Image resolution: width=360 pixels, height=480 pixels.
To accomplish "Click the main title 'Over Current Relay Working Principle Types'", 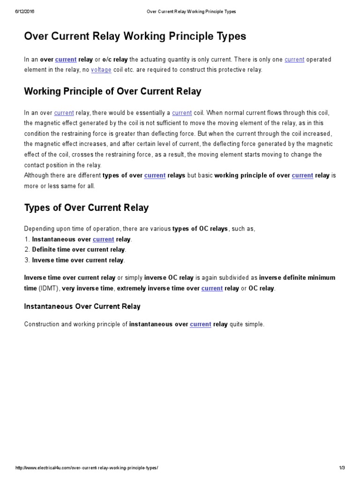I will [x=135, y=36].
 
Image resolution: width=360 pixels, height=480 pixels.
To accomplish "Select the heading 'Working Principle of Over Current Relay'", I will [x=112, y=91].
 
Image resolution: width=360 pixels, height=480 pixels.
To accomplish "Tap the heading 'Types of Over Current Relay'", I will [x=86, y=207].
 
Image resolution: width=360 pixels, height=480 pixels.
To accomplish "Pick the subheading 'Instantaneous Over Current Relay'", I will [x=82, y=306].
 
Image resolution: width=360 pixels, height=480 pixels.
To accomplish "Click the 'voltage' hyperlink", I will [x=101, y=70].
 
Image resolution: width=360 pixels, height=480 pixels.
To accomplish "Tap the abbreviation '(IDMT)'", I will [x=48, y=288].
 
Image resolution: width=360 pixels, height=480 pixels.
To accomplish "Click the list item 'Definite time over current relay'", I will [x=78, y=249].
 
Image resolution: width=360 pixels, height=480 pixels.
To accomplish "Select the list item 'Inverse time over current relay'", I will [x=78, y=260].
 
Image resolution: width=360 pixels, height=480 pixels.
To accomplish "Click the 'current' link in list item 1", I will [x=103, y=239].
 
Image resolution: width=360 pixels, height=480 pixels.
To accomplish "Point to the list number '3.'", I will [x=27, y=260].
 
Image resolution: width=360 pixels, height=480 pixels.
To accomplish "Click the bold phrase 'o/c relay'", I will [x=115, y=60].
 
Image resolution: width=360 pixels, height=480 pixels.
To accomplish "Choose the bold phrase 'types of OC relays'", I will [x=200, y=228].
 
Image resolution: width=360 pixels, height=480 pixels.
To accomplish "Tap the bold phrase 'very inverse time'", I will [x=88, y=288].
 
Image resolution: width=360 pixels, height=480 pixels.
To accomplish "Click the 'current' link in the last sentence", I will [x=200, y=324].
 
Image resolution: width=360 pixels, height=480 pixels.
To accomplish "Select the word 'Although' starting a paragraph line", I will [x=38, y=175].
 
